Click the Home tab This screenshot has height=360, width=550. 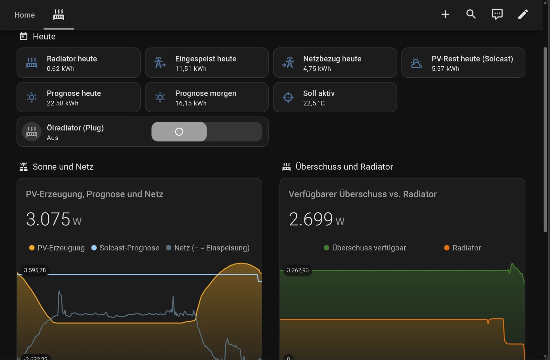pos(24,15)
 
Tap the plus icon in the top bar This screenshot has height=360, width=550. pos(445,14)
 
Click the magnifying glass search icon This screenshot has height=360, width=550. pos(471,14)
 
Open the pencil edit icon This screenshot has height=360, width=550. pos(523,14)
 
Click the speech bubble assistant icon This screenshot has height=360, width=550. pos(497,14)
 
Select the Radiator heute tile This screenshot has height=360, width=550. pos(79,63)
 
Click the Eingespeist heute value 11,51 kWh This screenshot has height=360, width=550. pos(191,69)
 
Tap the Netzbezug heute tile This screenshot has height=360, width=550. pos(335,63)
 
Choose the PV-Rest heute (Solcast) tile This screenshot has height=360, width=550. pos(463,63)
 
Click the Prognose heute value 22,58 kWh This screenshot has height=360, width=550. pos(63,103)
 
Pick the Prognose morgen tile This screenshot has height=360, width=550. pos(207,97)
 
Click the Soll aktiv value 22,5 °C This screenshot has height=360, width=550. pos(314,103)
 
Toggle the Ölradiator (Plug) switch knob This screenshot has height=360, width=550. pos(179,132)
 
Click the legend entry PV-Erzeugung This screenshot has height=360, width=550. pos(57,248)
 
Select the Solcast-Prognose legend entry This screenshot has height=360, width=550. pos(125,248)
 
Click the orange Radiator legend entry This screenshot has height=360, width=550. pos(462,248)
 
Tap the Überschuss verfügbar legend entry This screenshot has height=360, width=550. pos(365,248)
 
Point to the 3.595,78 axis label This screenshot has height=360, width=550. pos(35,270)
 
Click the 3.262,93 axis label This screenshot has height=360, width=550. pos(298,270)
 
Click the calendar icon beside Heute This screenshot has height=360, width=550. pos(24,36)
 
